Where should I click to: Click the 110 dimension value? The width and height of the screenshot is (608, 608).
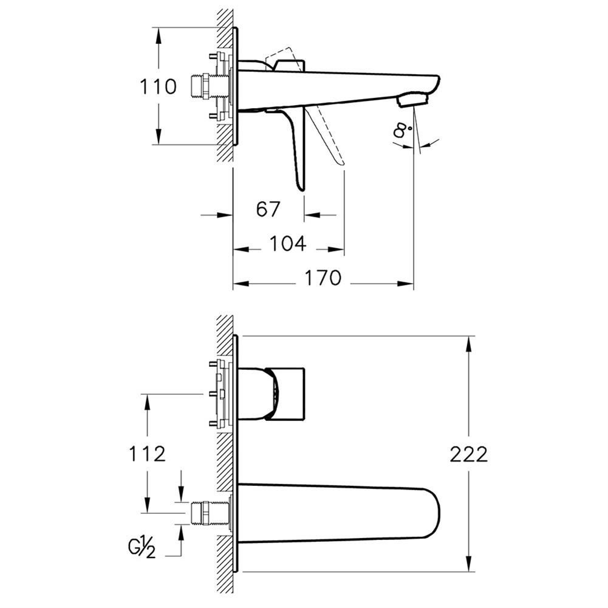[158, 86]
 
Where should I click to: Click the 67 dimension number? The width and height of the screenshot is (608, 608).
[268, 209]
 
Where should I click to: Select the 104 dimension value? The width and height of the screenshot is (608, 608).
[288, 244]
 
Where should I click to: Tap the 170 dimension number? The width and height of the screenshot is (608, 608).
[323, 278]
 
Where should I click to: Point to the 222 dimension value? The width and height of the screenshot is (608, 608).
[469, 454]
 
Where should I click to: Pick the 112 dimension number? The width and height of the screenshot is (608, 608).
[147, 453]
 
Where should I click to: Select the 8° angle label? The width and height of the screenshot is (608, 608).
[401, 129]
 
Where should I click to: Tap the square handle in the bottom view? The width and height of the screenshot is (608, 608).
[286, 394]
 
